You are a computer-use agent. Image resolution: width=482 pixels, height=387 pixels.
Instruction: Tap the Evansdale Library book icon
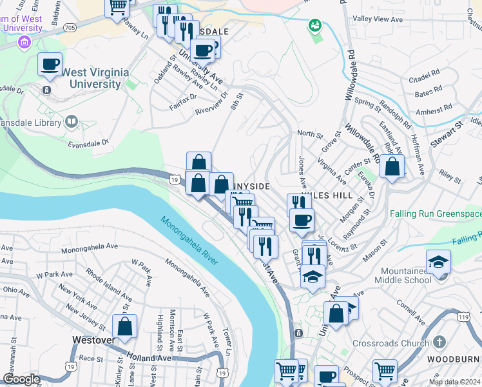click(71, 121)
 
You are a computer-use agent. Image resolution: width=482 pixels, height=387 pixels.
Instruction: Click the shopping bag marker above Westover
click(124, 326)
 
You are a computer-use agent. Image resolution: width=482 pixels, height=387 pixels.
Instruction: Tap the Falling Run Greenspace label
click(435, 213)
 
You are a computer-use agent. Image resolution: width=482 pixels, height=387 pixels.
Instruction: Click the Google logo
click(21, 380)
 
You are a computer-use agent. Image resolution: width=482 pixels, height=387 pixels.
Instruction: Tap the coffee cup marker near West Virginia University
click(50, 64)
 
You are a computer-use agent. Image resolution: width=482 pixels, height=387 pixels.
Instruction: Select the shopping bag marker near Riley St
click(392, 167)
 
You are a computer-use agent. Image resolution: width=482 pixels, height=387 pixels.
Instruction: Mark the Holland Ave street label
click(149, 356)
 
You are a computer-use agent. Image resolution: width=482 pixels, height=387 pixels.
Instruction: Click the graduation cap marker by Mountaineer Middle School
click(438, 261)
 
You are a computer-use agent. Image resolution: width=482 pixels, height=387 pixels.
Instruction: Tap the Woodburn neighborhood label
click(460, 359)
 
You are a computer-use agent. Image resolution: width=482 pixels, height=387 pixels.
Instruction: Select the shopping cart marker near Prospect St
click(385, 371)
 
